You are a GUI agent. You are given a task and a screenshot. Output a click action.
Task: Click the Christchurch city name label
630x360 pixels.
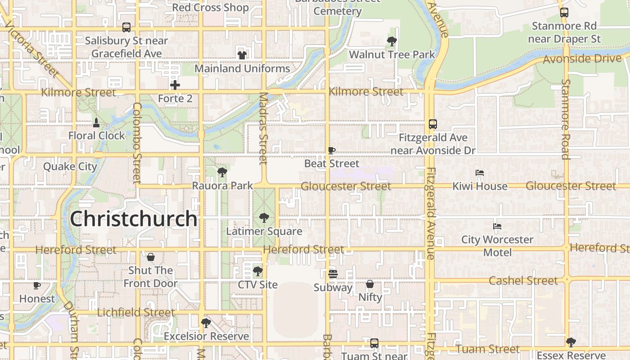pos(134,219)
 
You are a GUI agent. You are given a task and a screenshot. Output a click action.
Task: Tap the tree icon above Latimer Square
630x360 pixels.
pos(264,218)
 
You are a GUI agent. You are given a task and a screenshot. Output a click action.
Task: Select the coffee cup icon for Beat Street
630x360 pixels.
pos(332,150)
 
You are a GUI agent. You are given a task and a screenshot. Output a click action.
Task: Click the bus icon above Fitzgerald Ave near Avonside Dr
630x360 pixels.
pos(433,124)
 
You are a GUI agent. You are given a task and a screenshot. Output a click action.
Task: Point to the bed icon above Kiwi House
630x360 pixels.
pos(480,173)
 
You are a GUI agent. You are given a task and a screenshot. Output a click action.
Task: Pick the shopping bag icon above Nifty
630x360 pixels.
pos(370,284)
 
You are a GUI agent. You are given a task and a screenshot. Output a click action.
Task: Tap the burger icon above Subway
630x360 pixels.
pos(333,274)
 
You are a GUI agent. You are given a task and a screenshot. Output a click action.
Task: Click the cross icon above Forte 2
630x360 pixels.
pos(175,85)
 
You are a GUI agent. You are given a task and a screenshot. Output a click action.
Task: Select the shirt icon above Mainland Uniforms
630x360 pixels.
pos(242,55)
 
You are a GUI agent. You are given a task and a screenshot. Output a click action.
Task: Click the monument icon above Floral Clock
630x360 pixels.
pos(96,122)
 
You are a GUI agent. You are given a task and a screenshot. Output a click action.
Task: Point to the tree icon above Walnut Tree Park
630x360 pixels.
pos(392,41)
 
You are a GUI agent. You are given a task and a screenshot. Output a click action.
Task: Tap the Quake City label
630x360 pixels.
pos(70,166)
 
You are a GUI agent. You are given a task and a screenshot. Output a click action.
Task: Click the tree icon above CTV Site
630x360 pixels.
pos(258,271)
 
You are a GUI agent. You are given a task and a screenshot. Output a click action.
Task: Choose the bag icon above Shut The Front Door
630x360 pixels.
pos(151,257)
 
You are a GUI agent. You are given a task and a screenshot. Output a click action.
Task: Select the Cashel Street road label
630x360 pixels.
pos(523,281)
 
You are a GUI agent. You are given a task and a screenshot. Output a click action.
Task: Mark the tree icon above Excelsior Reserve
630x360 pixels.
pos(206,323)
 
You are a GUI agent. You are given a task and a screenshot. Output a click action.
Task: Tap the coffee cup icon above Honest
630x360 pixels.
pos(37,285)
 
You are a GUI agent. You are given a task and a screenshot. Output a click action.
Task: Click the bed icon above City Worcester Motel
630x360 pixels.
pos(497,226)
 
